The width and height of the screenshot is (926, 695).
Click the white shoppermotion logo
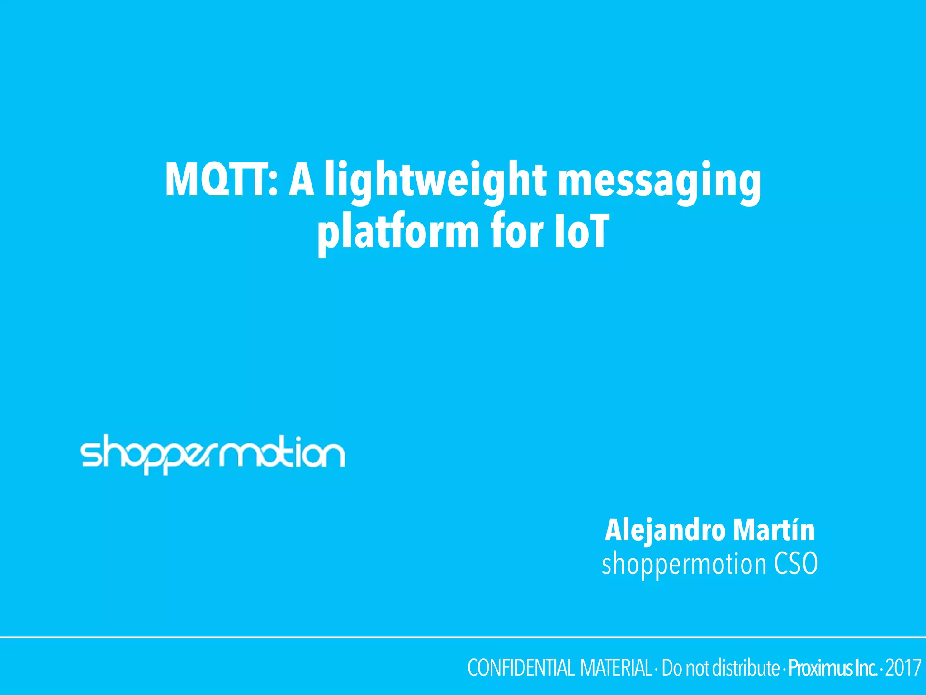213,453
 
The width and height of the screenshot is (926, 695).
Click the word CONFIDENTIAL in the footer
520,668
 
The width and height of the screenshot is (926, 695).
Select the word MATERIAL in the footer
616,668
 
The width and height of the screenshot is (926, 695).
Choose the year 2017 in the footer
903,668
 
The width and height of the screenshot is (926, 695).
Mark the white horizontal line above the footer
463,637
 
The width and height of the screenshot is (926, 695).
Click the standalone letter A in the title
302,181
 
